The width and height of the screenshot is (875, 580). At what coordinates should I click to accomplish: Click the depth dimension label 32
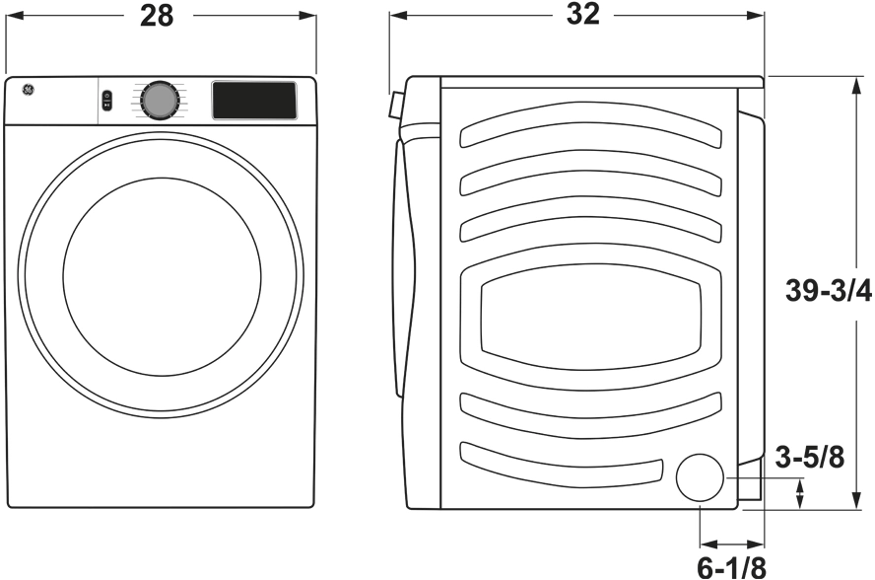point(583,16)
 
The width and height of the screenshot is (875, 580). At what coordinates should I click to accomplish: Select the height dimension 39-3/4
point(829,292)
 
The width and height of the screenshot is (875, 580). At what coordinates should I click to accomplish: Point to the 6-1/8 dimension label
point(731,566)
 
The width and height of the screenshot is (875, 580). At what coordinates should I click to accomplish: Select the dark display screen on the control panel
point(254,100)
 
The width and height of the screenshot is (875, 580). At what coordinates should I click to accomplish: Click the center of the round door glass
point(162,277)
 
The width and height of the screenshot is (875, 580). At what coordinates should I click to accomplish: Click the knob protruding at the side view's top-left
point(395,104)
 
